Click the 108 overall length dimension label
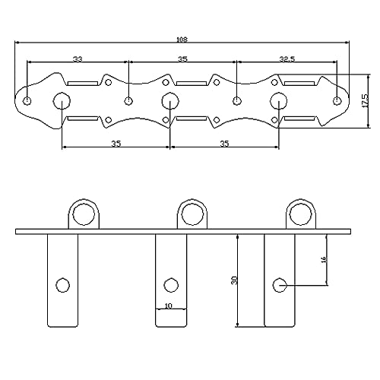182,40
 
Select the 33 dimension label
78,59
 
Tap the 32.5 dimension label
287,59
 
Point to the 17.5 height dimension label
366,101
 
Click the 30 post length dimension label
234,280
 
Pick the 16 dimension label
324,259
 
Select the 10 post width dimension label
168,306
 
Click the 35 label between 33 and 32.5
182,59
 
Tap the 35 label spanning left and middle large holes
116,144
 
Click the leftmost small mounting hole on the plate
27,101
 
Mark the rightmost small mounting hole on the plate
337,101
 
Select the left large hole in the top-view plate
62,101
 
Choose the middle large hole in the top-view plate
170,101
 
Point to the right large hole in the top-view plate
278,101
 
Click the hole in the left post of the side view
62,285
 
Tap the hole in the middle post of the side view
171,285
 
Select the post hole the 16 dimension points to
280,285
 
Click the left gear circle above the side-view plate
84,214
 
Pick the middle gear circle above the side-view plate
192,214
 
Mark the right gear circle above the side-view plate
301,214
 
